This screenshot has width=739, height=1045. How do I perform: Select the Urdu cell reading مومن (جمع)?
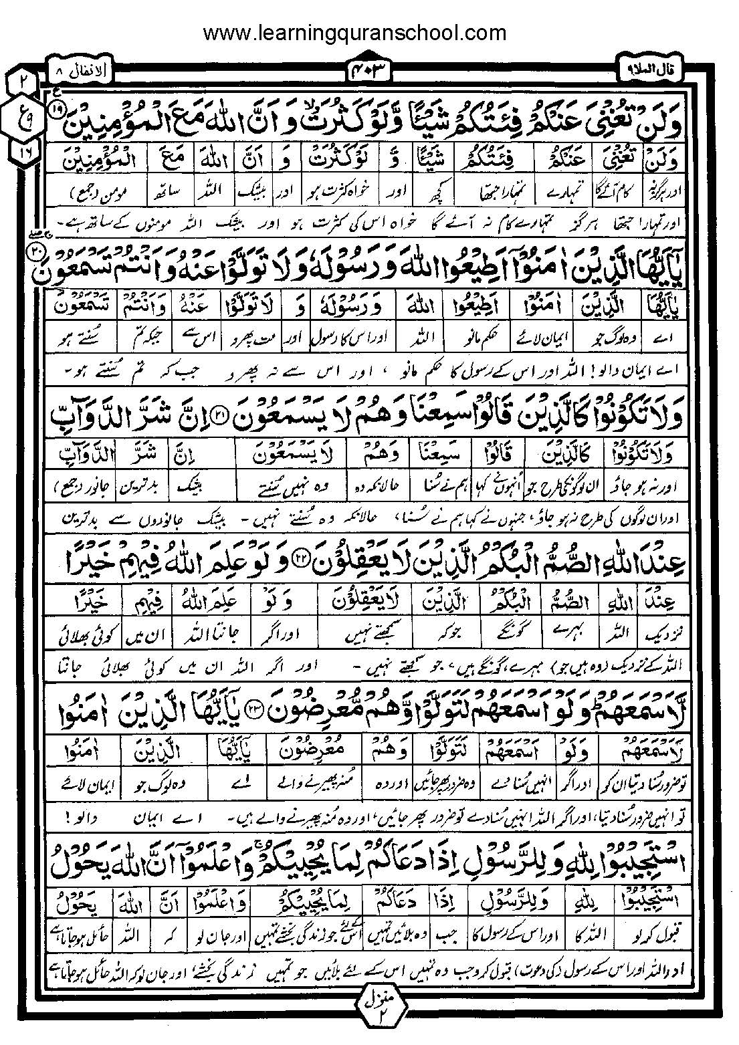[x=92, y=193]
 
